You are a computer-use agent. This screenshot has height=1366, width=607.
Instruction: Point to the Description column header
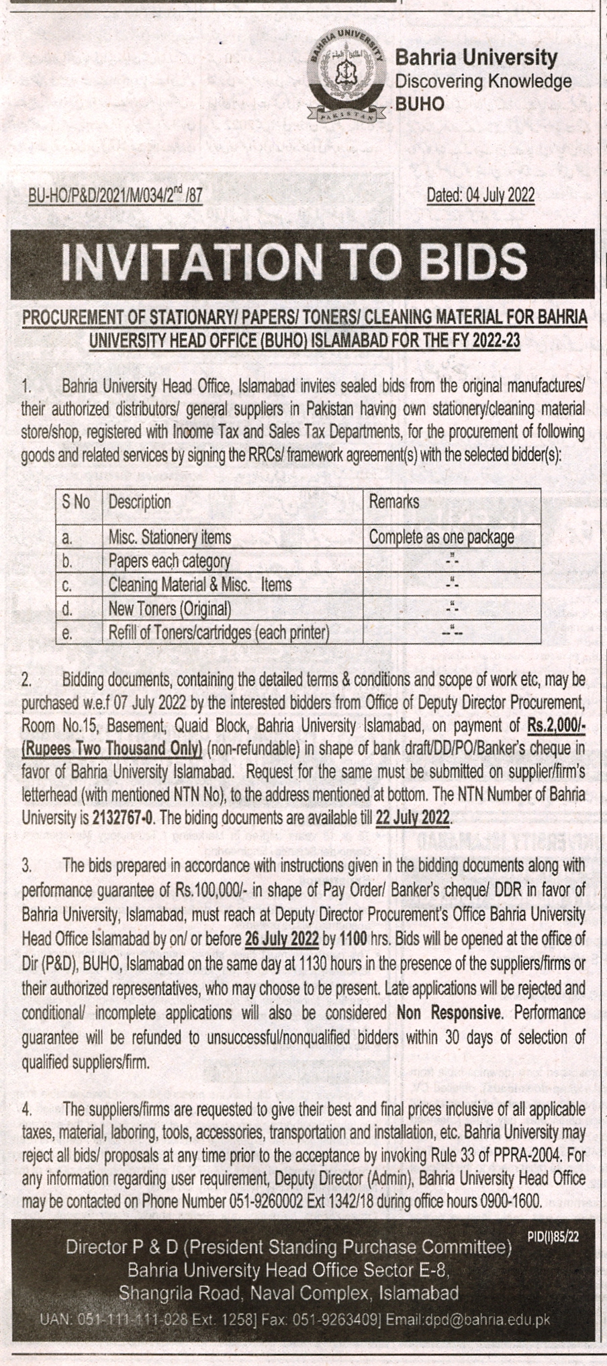[x=140, y=502]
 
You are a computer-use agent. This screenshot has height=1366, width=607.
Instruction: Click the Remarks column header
[x=394, y=502]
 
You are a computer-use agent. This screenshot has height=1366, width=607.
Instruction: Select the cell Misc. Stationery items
[x=170, y=537]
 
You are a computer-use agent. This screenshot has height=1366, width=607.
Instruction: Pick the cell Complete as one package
[x=441, y=537]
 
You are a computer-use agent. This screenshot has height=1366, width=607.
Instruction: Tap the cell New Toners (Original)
[x=170, y=609]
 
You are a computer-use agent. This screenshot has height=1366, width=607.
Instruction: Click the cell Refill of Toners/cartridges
[x=219, y=633]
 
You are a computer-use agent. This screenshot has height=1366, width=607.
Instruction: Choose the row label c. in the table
[x=67, y=586]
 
